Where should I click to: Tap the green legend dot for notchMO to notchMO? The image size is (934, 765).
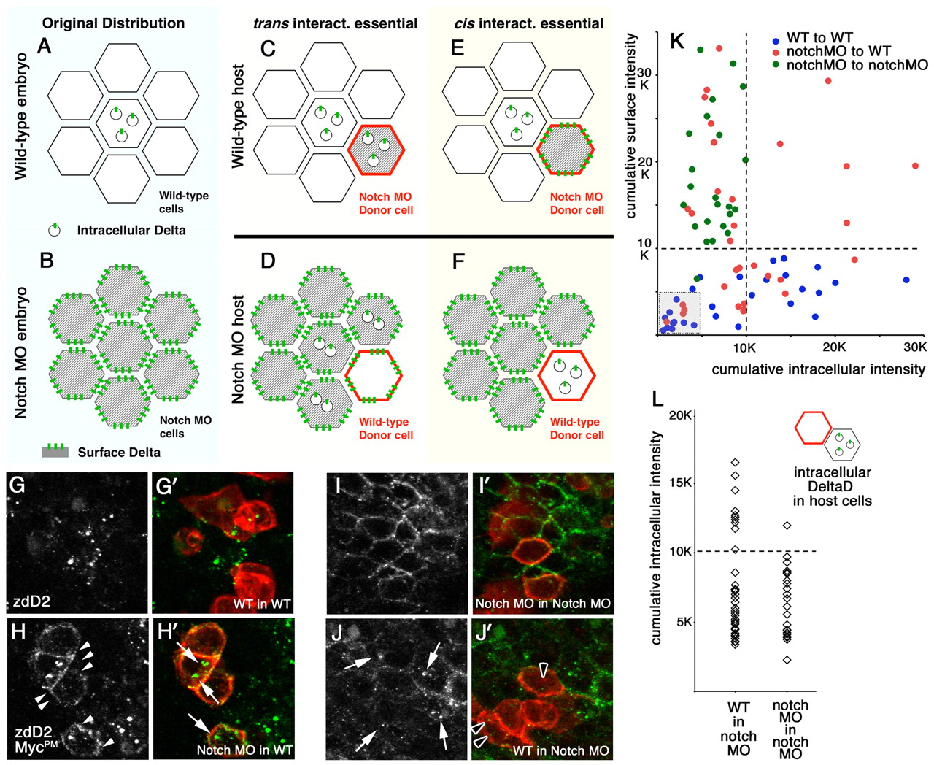(776, 65)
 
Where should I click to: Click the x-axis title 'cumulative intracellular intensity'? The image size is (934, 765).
(819, 369)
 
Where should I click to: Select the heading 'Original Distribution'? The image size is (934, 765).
(113, 23)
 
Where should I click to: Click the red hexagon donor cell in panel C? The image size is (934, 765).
(377, 150)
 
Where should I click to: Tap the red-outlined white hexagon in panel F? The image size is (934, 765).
(566, 376)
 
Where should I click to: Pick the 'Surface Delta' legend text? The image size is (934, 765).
(119, 453)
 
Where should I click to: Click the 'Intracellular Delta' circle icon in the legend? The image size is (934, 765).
(55, 230)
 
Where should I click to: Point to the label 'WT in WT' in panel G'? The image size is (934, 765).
(261, 604)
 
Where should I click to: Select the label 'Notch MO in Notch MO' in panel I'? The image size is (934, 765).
(542, 604)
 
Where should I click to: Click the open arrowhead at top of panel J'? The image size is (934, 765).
(543, 670)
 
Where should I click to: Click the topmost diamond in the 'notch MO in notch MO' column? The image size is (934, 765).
(787, 526)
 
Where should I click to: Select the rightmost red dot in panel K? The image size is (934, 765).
(916, 166)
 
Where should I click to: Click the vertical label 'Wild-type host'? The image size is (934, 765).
(239, 117)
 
